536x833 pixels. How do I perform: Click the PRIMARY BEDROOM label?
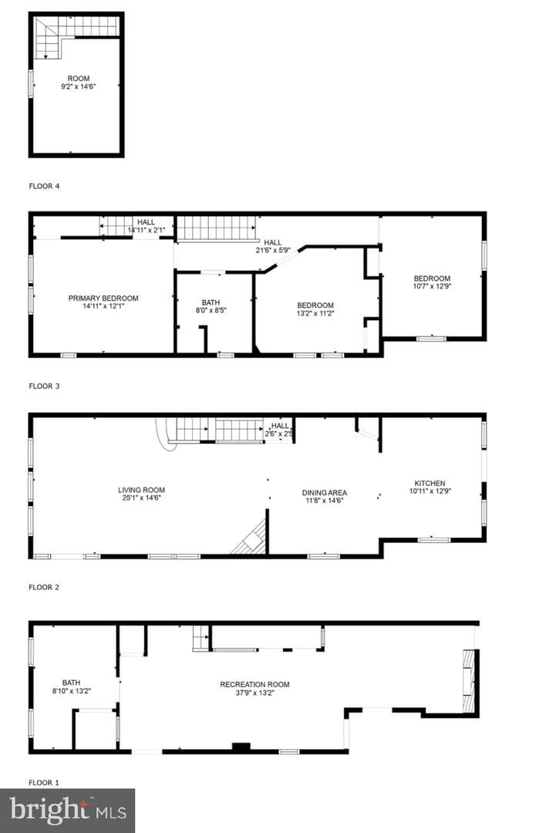pyautogui.click(x=103, y=298)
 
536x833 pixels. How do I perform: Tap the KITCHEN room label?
pyautogui.click(x=430, y=484)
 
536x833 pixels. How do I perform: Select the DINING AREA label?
pyautogui.click(x=325, y=492)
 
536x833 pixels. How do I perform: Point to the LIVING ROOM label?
pyautogui.click(x=141, y=490)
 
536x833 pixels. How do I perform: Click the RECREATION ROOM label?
pyautogui.click(x=255, y=684)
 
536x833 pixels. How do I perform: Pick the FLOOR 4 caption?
pyautogui.click(x=44, y=186)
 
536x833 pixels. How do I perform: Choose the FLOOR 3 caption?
pyautogui.click(x=44, y=386)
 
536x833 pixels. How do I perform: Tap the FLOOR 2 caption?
pyautogui.click(x=44, y=587)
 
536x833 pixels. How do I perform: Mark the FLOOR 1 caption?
pyautogui.click(x=44, y=783)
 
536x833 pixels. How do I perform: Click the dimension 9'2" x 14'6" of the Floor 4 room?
pyautogui.click(x=78, y=86)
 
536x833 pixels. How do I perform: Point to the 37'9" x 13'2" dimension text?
pyautogui.click(x=255, y=693)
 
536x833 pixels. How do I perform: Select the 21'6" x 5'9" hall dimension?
pyautogui.click(x=273, y=250)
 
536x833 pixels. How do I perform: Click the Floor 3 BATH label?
pyautogui.click(x=211, y=302)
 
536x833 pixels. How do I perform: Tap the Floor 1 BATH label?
pyautogui.click(x=71, y=683)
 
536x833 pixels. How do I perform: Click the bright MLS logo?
pyautogui.click(x=67, y=810)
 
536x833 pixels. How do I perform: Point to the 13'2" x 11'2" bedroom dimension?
pyautogui.click(x=315, y=313)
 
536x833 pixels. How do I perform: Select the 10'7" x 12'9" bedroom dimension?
pyautogui.click(x=432, y=286)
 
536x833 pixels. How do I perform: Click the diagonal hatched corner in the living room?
pyautogui.click(x=250, y=538)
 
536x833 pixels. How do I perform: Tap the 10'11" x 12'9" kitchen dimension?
pyautogui.click(x=430, y=491)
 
